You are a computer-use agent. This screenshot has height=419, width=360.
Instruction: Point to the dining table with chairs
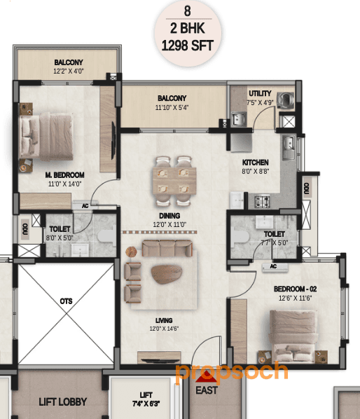coord(172,175)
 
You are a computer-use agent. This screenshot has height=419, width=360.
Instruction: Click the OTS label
coord(66,301)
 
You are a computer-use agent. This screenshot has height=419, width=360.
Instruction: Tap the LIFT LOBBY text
coord(62,402)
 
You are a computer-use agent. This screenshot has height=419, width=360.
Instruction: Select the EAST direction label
coord(207,390)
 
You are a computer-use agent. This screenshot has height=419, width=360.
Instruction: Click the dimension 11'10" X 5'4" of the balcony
coord(172,107)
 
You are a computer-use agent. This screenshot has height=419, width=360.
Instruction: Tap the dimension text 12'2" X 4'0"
coord(69,71)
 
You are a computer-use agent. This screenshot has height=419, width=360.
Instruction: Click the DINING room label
coord(169,215)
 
